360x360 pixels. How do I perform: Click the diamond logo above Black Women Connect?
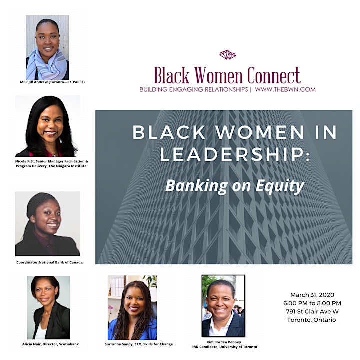tap(227, 55)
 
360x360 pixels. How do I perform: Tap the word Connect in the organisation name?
tap(274, 75)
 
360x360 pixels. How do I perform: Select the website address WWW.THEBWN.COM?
tap(285, 89)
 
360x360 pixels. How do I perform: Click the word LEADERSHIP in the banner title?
tap(235, 154)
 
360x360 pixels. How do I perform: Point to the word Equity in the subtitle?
tap(280, 186)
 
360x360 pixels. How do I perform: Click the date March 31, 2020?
tap(312, 295)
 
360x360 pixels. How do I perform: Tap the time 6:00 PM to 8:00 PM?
tap(312, 303)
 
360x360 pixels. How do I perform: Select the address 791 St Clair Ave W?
tap(312, 311)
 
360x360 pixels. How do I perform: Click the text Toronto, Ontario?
tap(311, 320)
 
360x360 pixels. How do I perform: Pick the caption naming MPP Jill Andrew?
tap(52, 82)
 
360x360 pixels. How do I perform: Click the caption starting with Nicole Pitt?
tap(51, 163)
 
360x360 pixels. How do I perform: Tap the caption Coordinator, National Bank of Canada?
tap(49, 262)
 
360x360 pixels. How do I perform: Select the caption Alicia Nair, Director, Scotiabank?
tap(50, 344)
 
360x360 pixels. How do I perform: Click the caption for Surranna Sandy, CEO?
tap(139, 344)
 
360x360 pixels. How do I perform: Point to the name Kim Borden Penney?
tap(224, 342)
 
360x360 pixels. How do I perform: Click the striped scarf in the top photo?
tap(47, 65)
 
